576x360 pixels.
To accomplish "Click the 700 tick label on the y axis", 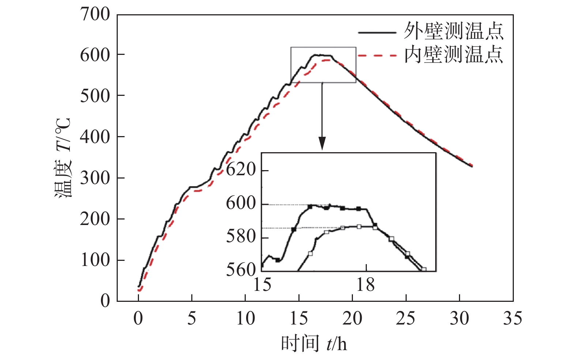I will point(95,15).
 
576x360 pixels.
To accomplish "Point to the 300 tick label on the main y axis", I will point(95,178).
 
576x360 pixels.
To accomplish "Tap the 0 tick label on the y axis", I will point(105,301).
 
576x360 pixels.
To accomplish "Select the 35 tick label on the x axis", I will point(512,319).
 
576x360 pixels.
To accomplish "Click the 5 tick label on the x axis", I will point(192,319).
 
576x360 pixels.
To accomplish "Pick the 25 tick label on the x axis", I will point(405,319).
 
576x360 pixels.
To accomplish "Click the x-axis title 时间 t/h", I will point(314,344).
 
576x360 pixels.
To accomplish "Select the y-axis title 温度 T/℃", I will point(63,158).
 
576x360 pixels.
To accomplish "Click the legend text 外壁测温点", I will point(453,31).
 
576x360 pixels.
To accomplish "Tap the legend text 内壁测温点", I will point(453,55).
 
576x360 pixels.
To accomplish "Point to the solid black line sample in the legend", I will point(377,33).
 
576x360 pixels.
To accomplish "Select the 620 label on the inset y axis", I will point(241,170).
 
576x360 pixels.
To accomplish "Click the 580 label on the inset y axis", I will point(241,236).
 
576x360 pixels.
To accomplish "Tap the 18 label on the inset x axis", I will point(365,285).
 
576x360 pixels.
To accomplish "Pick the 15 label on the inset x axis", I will point(262,285).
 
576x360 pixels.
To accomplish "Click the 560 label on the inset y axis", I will point(241,270).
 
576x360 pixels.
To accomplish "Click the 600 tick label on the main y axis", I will point(95,55).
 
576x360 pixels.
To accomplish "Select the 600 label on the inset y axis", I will point(241,203).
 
